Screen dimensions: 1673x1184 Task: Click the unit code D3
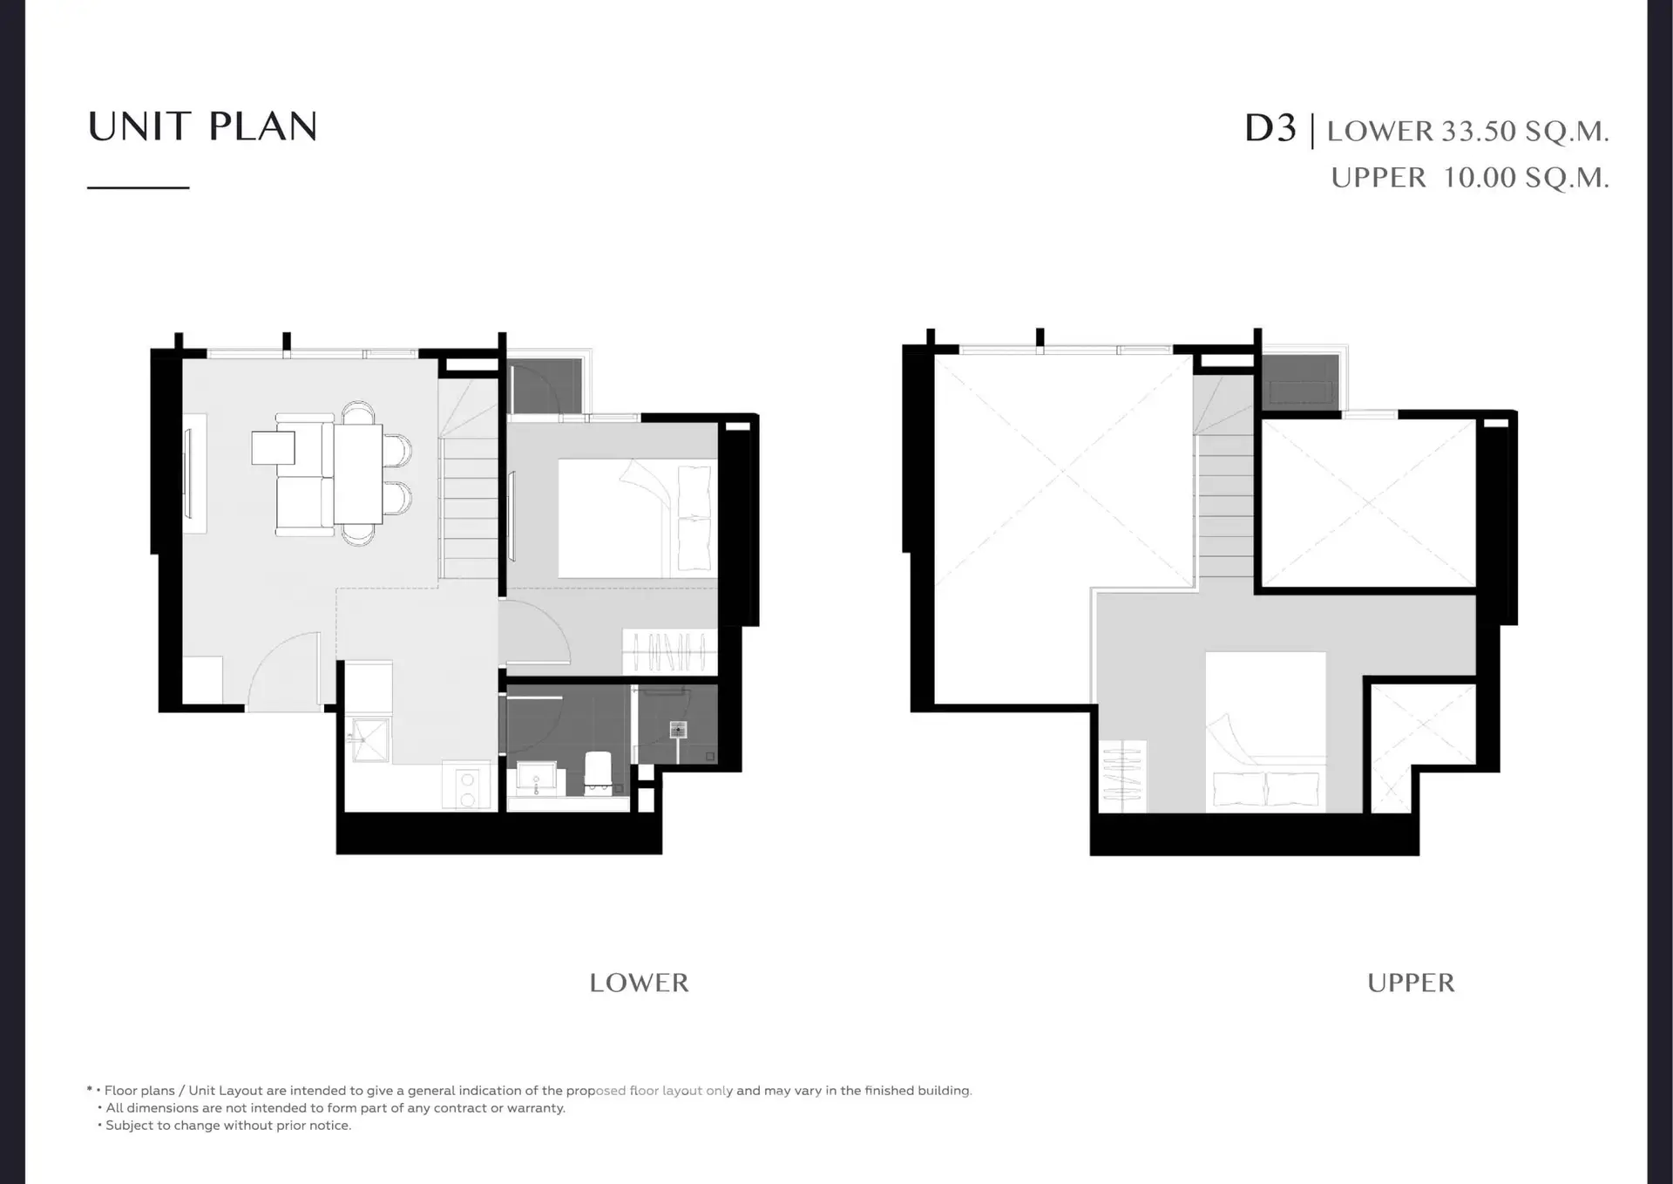click(1270, 129)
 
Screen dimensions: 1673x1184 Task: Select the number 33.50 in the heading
click(1480, 132)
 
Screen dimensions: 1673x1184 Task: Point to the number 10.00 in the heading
click(1480, 178)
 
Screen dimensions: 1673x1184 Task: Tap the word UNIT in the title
click(139, 126)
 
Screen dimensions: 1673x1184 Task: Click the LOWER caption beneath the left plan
click(639, 983)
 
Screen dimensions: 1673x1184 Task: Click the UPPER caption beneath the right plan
click(1411, 983)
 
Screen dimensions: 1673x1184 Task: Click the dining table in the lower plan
click(358, 473)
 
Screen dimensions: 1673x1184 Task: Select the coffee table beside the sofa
click(273, 448)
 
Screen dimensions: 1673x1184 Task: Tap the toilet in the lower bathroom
click(598, 771)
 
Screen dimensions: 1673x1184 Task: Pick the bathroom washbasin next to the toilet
click(536, 779)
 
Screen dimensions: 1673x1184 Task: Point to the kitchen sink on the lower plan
click(369, 739)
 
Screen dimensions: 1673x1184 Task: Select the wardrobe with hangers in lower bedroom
click(669, 651)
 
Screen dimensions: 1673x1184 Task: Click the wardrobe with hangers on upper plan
click(1121, 775)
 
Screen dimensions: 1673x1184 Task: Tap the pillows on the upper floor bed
click(1266, 790)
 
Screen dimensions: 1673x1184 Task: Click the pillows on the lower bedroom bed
click(694, 518)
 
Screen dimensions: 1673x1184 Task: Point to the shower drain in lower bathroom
click(678, 730)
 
